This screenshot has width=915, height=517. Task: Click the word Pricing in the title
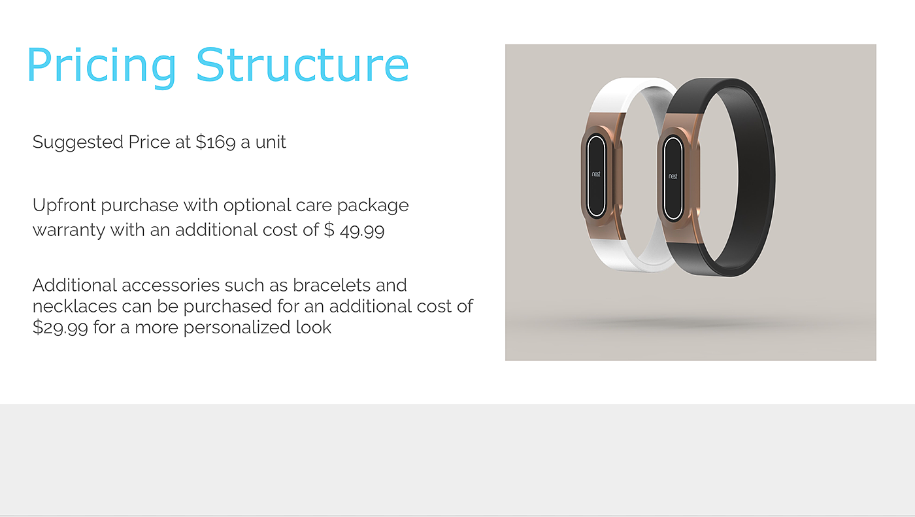(102, 66)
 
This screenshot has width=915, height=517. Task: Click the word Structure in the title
(302, 65)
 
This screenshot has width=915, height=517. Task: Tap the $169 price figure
(215, 142)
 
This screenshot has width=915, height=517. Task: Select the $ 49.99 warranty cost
(354, 230)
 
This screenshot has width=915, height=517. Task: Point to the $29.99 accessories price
(60, 327)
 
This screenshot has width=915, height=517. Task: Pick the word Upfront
(64, 205)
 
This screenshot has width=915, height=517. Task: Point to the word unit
(271, 142)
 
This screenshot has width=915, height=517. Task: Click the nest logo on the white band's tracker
(596, 174)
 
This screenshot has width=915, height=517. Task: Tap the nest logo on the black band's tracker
(673, 176)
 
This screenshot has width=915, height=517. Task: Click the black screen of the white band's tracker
(596, 176)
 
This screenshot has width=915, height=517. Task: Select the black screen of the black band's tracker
(673, 178)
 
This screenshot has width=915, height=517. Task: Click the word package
(373, 206)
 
